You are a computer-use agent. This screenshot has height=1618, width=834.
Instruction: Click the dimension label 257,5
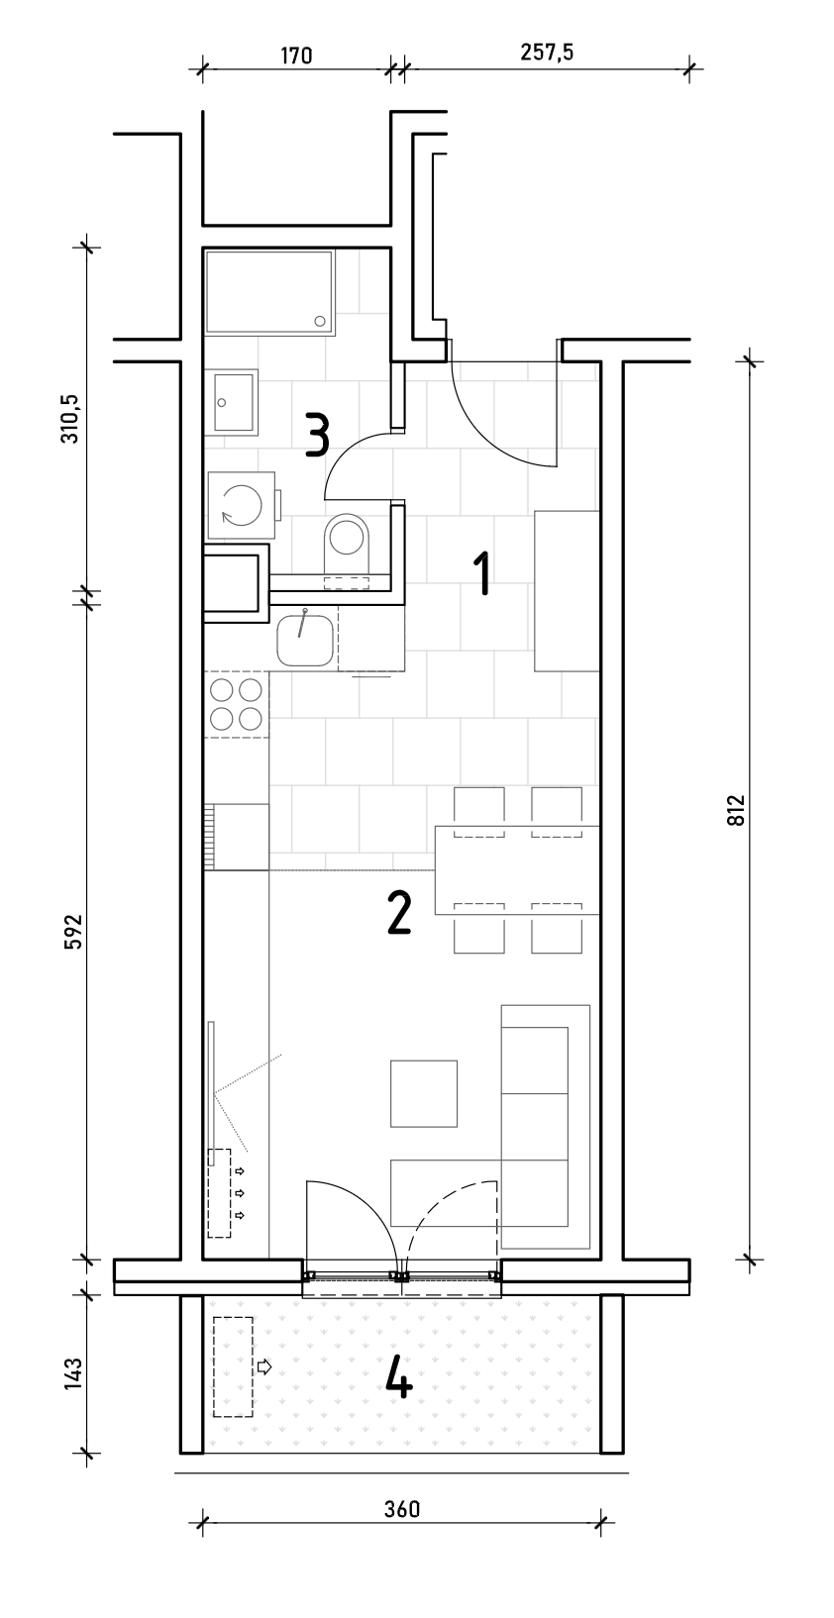click(x=546, y=52)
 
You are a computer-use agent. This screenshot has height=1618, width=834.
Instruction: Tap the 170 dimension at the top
click(x=296, y=55)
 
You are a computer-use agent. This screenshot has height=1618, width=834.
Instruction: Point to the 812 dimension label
click(x=736, y=810)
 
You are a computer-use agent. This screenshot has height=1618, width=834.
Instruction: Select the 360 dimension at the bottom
click(x=402, y=1509)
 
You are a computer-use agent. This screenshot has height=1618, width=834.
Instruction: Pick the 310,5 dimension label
click(x=72, y=418)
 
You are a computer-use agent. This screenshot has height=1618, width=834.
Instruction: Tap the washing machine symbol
click(x=242, y=505)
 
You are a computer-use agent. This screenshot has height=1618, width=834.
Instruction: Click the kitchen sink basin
click(x=305, y=638)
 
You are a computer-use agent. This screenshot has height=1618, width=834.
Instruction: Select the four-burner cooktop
click(x=236, y=704)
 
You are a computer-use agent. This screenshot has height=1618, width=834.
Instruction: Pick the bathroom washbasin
click(x=232, y=402)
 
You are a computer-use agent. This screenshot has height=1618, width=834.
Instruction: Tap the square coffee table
click(x=424, y=1093)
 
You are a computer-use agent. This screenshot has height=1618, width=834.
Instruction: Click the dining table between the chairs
click(x=517, y=870)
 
